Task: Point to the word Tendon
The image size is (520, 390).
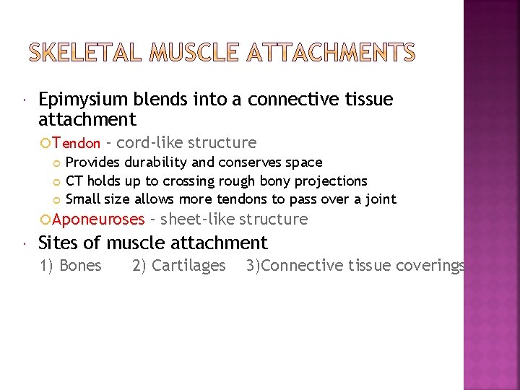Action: [x=76, y=143]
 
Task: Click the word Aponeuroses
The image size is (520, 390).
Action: [x=98, y=219]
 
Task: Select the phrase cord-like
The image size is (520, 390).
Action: [x=148, y=142]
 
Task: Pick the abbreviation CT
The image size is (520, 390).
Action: [x=74, y=181]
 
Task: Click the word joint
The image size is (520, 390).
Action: [x=380, y=199]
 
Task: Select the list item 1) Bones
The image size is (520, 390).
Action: [x=71, y=265]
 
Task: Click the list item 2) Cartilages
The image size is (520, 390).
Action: [x=178, y=265]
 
